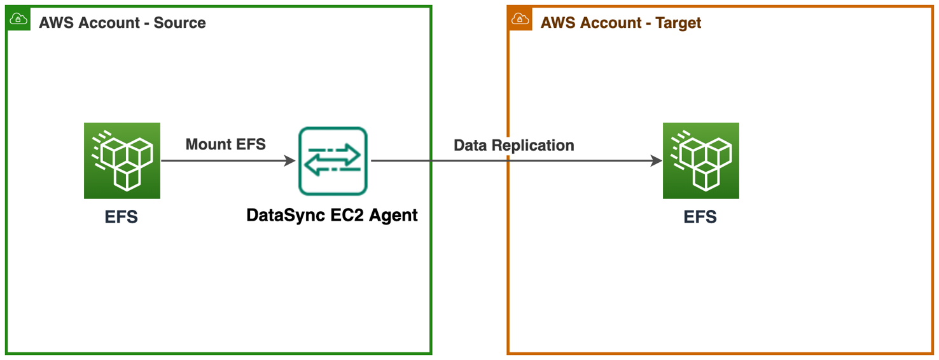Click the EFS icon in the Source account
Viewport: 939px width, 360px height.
[122, 161]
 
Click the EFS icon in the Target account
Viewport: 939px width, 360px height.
[700, 161]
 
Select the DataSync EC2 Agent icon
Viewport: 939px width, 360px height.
[333, 161]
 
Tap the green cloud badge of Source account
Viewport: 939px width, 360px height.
[18, 19]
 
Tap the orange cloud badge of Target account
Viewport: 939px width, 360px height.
[520, 19]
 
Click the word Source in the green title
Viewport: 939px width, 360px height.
[180, 23]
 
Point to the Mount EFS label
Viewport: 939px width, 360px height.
[225, 144]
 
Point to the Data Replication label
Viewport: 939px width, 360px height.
[513, 145]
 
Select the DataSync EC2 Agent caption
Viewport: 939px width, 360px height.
[332, 215]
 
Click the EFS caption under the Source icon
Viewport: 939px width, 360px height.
[122, 217]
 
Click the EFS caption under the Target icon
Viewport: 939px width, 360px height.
[700, 217]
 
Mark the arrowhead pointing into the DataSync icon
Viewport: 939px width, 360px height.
[289, 161]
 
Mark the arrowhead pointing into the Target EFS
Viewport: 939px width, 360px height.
[657, 161]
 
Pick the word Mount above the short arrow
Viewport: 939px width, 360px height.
[207, 144]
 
